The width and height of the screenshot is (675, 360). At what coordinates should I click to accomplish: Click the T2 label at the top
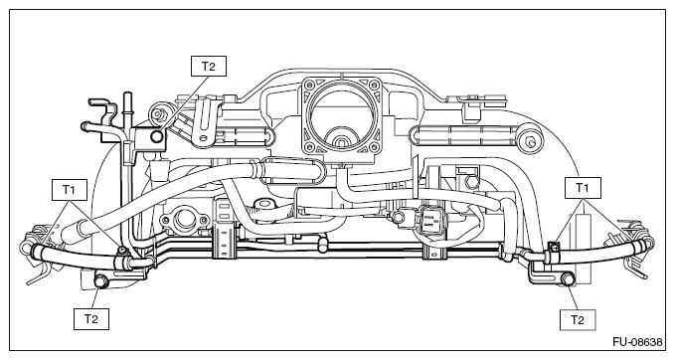click(209, 66)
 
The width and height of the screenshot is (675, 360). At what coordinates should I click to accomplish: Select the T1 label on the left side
click(70, 190)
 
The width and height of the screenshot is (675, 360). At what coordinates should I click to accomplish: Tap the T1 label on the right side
click(583, 187)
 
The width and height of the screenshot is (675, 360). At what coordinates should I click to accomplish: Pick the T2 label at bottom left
click(90, 318)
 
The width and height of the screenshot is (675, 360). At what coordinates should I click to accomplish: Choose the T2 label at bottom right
click(578, 319)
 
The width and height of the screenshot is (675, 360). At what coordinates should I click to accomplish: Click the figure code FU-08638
click(637, 342)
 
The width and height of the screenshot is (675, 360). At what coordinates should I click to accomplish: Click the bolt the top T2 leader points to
click(157, 136)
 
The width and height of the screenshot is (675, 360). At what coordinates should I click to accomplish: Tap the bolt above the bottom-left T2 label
click(101, 280)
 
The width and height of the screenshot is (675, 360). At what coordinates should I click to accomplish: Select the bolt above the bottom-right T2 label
click(568, 279)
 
